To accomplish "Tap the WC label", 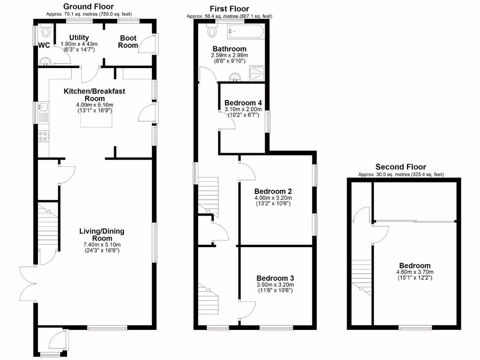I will tap(44, 45).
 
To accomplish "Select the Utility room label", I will tap(79, 37).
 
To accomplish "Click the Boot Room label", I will tap(128, 42).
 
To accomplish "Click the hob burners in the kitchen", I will tap(43, 136).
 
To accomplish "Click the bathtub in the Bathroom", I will tap(246, 32).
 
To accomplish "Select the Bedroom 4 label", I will tap(243, 103).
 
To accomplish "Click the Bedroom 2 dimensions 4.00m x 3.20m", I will tap(273, 198).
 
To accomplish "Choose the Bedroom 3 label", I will tap(275, 278).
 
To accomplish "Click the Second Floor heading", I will tap(401, 167).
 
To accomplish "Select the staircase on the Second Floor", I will tap(361, 277).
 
